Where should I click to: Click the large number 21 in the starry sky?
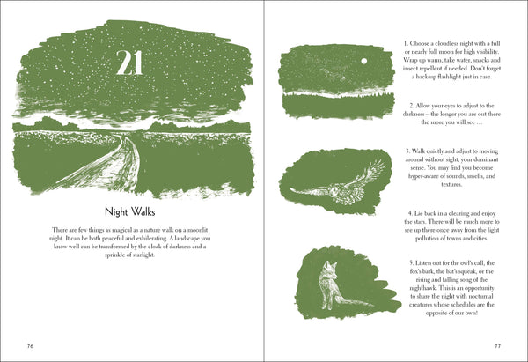pyautogui.click(x=129, y=63)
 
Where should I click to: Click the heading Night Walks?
pyautogui.click(x=129, y=212)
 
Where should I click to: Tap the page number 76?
pyautogui.click(x=30, y=346)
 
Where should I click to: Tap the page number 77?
pyautogui.click(x=497, y=346)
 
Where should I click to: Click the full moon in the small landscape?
pyautogui.click(x=363, y=62)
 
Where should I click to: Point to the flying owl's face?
pyautogui.click(x=334, y=192)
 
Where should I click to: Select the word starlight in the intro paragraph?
pyautogui.click(x=143, y=255)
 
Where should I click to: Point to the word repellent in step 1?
pyautogui.click(x=429, y=69)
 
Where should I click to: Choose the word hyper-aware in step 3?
pyautogui.click(x=422, y=176)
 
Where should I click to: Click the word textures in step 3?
pyautogui.click(x=451, y=184)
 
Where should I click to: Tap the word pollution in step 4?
pyautogui.click(x=426, y=239)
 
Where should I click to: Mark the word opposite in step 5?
pyautogui.click(x=436, y=314)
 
